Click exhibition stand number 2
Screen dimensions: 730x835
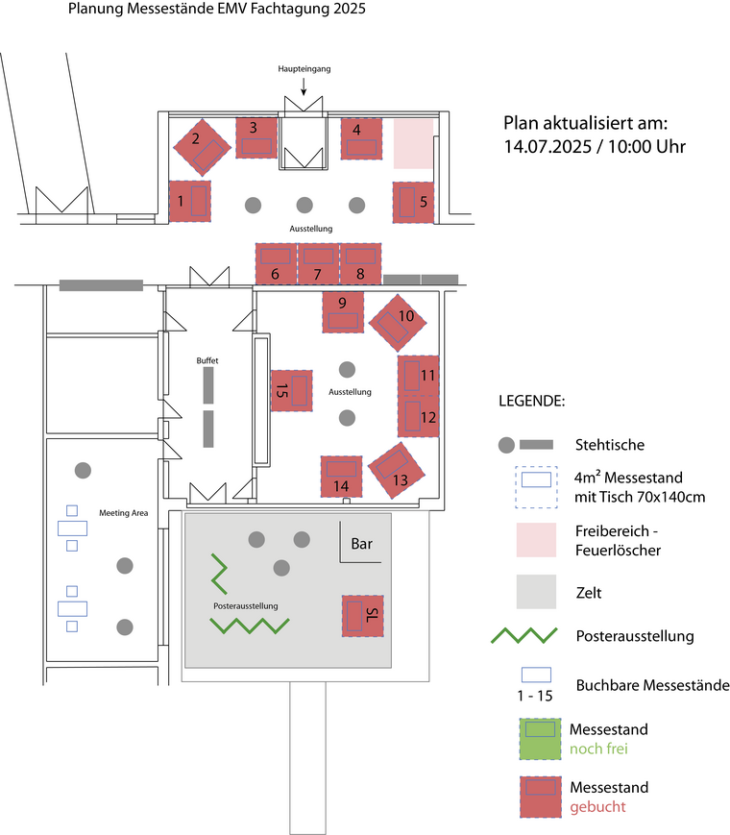pyautogui.click(x=203, y=147)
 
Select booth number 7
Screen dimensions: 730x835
pyautogui.click(x=318, y=263)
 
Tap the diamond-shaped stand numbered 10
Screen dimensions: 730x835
pyautogui.click(x=398, y=323)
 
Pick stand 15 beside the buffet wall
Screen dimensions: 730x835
pyautogui.click(x=291, y=391)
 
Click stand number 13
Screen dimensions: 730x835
pyautogui.click(x=397, y=471)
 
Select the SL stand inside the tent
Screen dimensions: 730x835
pyautogui.click(x=362, y=616)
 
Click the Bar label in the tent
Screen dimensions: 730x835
pyautogui.click(x=361, y=544)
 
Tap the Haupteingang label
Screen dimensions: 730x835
pyautogui.click(x=304, y=68)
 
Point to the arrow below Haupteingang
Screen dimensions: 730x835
pyautogui.click(x=304, y=86)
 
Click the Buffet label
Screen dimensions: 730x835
pyautogui.click(x=207, y=360)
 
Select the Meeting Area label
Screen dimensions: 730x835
pyautogui.click(x=124, y=513)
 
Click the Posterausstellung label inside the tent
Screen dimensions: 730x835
pyautogui.click(x=246, y=606)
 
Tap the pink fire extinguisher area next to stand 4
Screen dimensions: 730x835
pyautogui.click(x=413, y=144)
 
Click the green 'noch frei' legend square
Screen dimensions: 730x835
pyautogui.click(x=541, y=739)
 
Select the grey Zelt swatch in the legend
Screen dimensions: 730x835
pyautogui.click(x=536, y=592)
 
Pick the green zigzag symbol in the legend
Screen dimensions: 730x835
pyautogui.click(x=523, y=635)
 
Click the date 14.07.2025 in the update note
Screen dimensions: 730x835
pyautogui.click(x=547, y=146)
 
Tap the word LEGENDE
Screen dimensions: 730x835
pyautogui.click(x=532, y=401)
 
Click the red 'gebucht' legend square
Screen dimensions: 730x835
pyautogui.click(x=541, y=797)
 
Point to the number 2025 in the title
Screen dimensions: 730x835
pyautogui.click(x=350, y=9)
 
